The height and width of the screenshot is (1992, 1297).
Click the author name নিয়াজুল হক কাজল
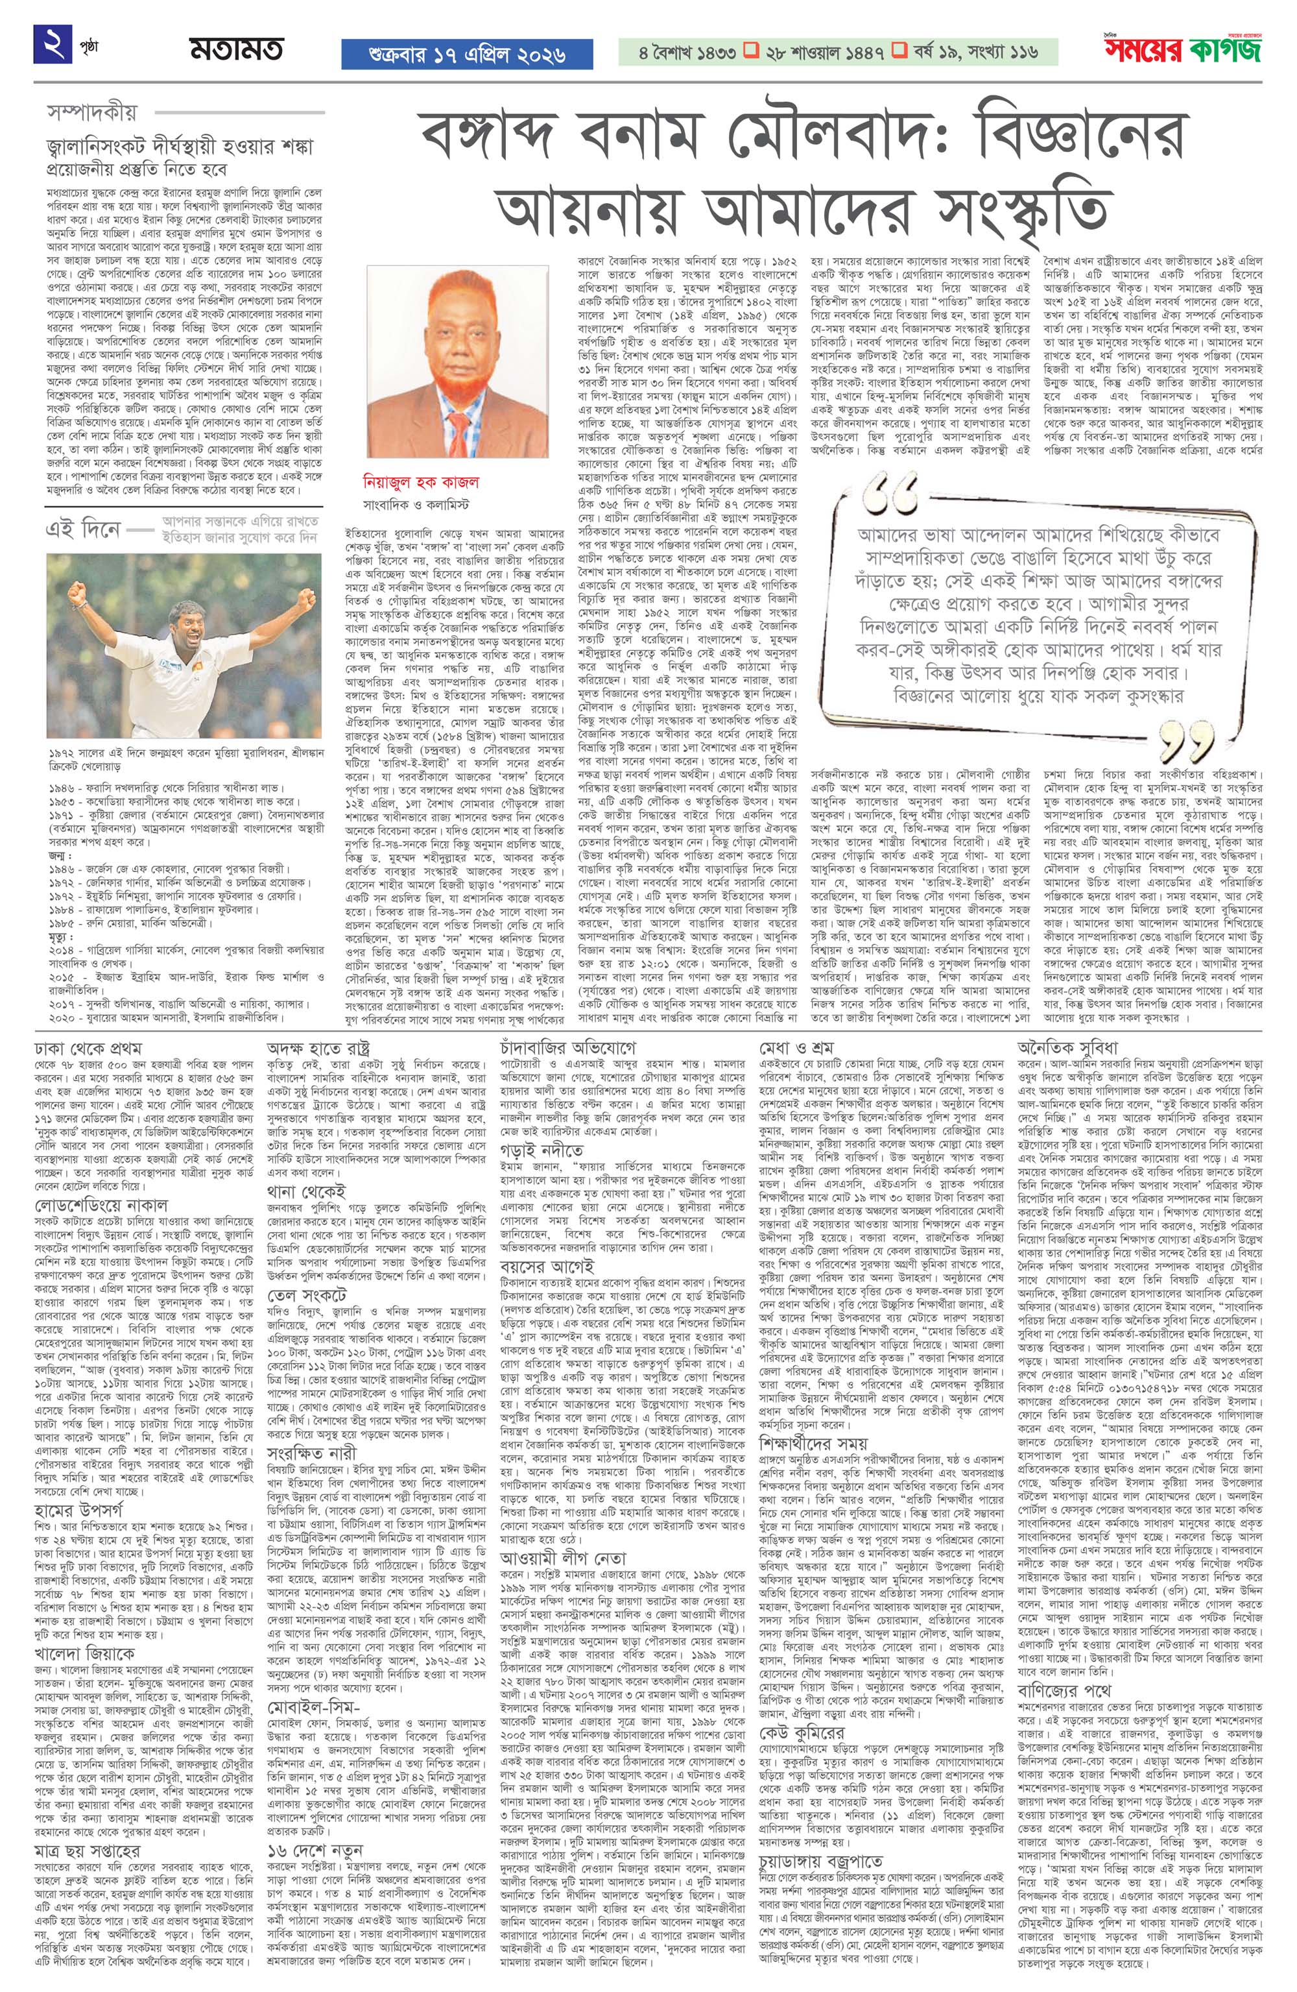pyautogui.click(x=420, y=483)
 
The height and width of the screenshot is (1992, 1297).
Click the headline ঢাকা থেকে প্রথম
pyautogui.click(x=88, y=1048)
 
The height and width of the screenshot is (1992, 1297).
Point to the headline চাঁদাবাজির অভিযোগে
pyautogui.click(x=569, y=1048)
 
